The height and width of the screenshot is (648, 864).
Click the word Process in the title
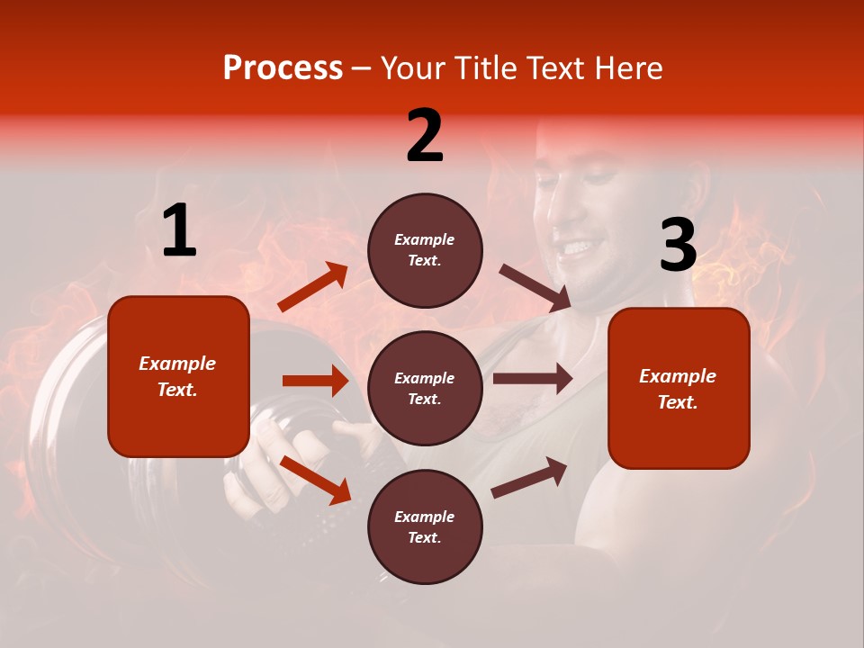283,68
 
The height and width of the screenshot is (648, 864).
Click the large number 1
179,231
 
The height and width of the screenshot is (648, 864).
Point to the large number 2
425,136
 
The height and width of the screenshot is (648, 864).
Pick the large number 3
678,246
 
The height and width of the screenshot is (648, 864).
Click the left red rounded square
178,376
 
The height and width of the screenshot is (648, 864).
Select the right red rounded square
679,388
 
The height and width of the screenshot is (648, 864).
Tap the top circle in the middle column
425,250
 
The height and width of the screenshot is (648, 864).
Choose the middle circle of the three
425,388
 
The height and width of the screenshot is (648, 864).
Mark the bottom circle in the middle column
425,526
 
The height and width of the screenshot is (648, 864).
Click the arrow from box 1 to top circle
313,287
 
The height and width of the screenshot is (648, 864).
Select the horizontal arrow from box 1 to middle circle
315,381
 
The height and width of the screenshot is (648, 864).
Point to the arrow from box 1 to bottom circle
316,480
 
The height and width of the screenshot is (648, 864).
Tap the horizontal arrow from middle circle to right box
533,379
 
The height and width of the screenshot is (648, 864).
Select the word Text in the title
553,68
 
